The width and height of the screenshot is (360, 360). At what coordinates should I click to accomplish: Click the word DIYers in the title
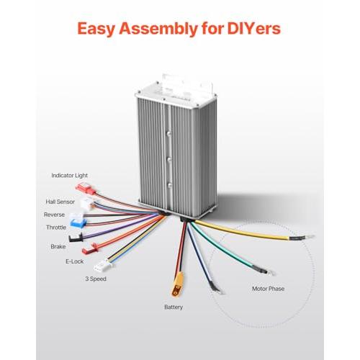coord(254,29)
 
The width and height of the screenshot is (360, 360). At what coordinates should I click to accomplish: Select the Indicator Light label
coord(70,176)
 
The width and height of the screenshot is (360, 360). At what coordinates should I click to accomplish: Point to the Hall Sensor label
coord(60,202)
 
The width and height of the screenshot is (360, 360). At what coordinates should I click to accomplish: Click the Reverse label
coord(54,215)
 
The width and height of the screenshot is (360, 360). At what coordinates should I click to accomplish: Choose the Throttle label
coord(56,228)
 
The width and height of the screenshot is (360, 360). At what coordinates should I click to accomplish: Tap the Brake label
coord(58,246)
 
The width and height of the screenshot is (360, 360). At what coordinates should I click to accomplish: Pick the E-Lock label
coord(75,261)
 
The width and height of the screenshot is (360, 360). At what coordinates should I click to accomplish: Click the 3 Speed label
coord(96,279)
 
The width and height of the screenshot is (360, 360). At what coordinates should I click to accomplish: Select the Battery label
coord(174,307)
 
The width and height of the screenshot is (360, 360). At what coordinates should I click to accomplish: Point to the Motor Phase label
coord(268,289)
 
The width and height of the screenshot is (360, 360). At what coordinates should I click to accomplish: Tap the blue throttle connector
coord(78,223)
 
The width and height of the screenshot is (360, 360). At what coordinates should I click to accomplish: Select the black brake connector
coord(76,238)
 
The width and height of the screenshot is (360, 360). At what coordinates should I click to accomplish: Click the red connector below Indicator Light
coord(86,188)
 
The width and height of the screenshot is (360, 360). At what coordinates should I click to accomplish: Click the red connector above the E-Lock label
coord(91,248)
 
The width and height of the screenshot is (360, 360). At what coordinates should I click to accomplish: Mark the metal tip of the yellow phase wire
coord(310,237)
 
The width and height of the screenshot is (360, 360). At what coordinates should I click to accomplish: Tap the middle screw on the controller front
coord(169,160)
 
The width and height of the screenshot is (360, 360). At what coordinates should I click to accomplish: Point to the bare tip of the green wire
coord(273,273)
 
